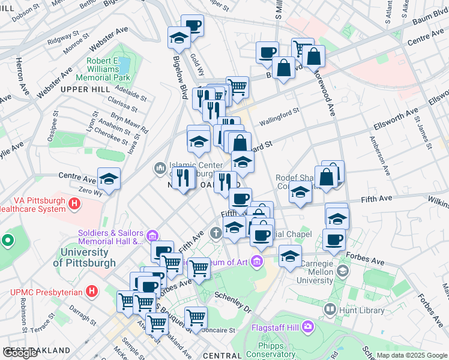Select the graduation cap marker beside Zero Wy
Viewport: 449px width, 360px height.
(109, 179)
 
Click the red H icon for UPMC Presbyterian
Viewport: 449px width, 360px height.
(91, 292)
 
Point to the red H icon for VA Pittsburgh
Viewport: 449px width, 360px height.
(74, 205)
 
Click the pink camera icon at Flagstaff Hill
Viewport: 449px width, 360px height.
(307, 326)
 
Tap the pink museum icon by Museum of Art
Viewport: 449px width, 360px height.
(257, 261)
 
